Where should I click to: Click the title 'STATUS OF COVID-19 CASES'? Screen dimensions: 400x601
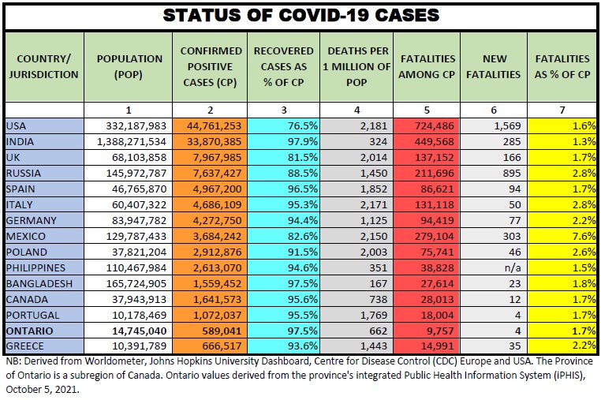tap(300, 15)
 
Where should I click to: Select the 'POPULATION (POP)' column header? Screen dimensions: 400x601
tap(129, 66)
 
